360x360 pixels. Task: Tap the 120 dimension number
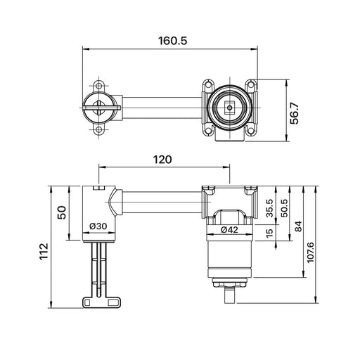pos(162,160)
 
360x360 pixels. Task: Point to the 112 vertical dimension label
pos(44,251)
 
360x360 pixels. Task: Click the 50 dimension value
pos(63,212)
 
